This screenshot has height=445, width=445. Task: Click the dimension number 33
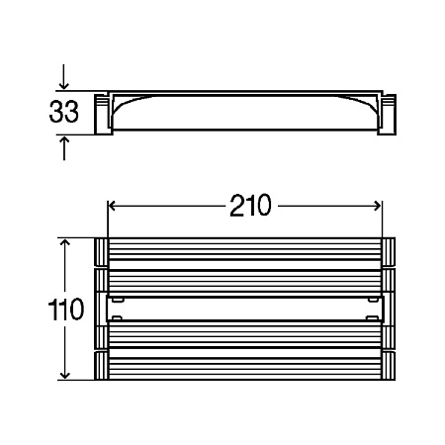[x=63, y=112]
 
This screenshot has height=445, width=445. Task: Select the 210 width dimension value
[x=250, y=206]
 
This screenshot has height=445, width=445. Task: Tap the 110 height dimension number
[x=66, y=309]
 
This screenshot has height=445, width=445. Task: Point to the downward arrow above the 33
[x=64, y=77]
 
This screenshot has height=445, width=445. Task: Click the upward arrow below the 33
[x=64, y=148]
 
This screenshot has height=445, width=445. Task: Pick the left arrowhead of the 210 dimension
[x=113, y=206]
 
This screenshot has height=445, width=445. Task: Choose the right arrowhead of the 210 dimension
[x=377, y=206]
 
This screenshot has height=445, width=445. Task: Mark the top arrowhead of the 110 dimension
[x=65, y=244]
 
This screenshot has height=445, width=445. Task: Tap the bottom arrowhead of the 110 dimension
[x=65, y=374]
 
